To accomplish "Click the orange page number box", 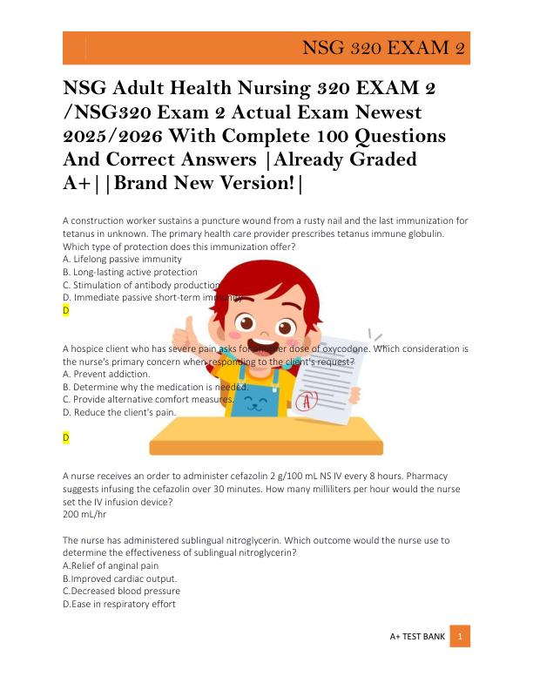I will pyautogui.click(x=460, y=637).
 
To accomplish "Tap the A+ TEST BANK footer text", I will pyautogui.click(x=417, y=637).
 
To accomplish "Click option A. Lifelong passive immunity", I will pyautogui.click(x=122, y=260).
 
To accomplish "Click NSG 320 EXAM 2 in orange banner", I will pyautogui.click(x=382, y=47).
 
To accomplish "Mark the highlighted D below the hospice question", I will pyautogui.click(x=66, y=437).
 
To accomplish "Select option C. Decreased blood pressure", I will pyautogui.click(x=122, y=591).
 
